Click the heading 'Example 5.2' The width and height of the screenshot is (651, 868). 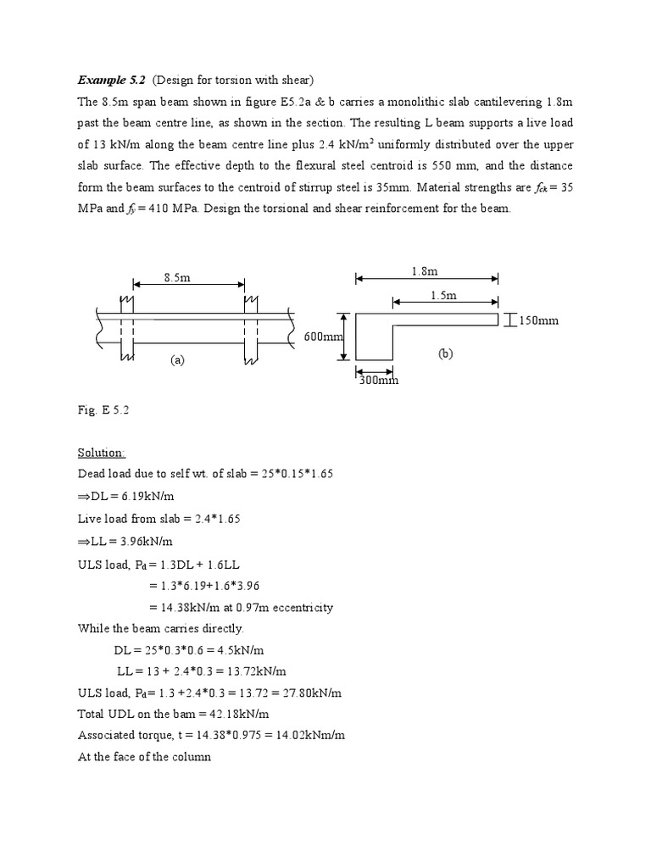point(111,81)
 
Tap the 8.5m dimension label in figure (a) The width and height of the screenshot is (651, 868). point(178,276)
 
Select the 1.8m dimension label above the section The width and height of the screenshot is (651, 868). point(426,271)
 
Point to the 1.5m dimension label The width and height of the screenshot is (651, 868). point(443,295)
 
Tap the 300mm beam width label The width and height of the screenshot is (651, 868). point(378,381)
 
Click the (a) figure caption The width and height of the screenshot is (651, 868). point(176,359)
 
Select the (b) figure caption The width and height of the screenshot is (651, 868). point(446,353)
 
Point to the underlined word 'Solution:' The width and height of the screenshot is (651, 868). point(102,454)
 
